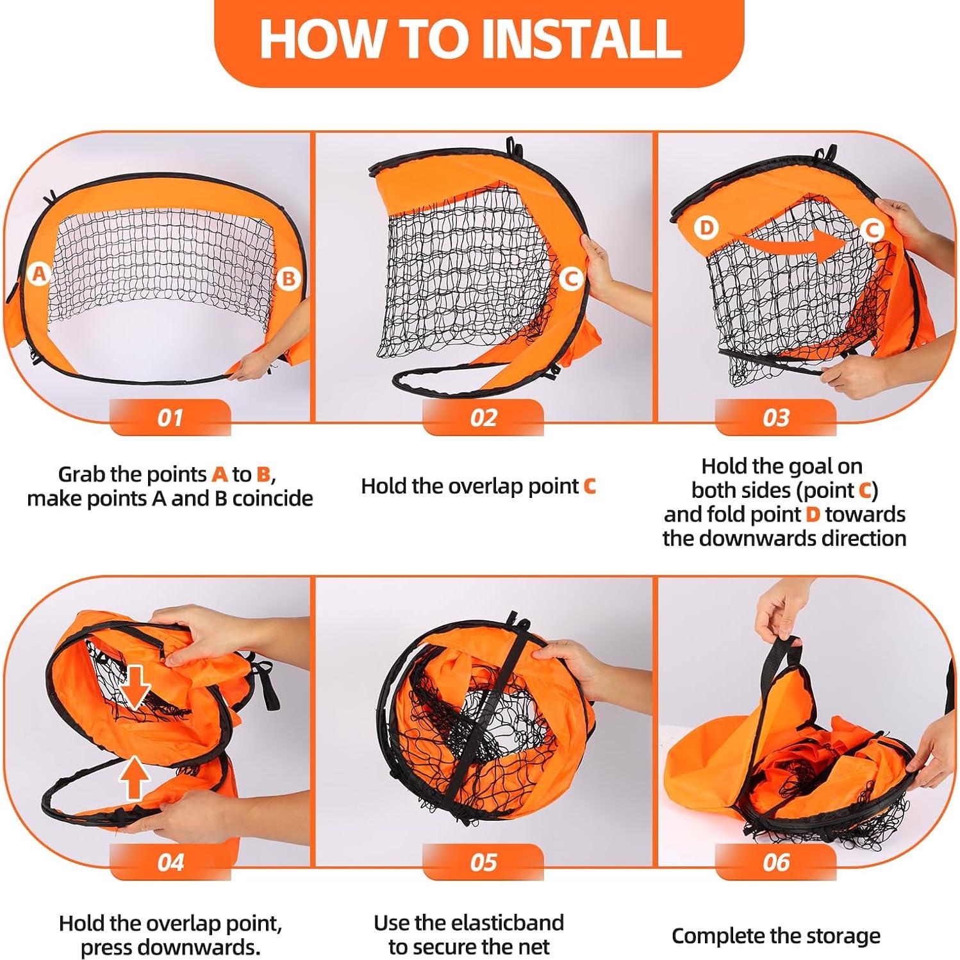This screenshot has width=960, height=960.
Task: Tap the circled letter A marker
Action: click(40, 274)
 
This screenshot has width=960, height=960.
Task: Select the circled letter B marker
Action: click(289, 278)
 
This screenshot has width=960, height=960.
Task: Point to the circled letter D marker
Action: click(706, 228)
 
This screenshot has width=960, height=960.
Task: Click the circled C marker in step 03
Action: click(871, 229)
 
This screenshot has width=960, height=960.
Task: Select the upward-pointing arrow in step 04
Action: click(135, 777)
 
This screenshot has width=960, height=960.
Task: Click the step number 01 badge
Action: click(170, 418)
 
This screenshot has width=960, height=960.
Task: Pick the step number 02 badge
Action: click(483, 418)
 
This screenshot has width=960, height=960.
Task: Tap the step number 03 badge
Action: click(775, 418)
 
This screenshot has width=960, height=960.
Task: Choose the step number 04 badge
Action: click(170, 863)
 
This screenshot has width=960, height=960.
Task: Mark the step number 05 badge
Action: click(483, 863)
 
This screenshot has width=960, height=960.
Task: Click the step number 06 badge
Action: click(775, 863)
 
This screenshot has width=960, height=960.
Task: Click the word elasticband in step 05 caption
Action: click(506, 923)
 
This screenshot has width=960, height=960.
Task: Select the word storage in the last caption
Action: click(840, 936)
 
